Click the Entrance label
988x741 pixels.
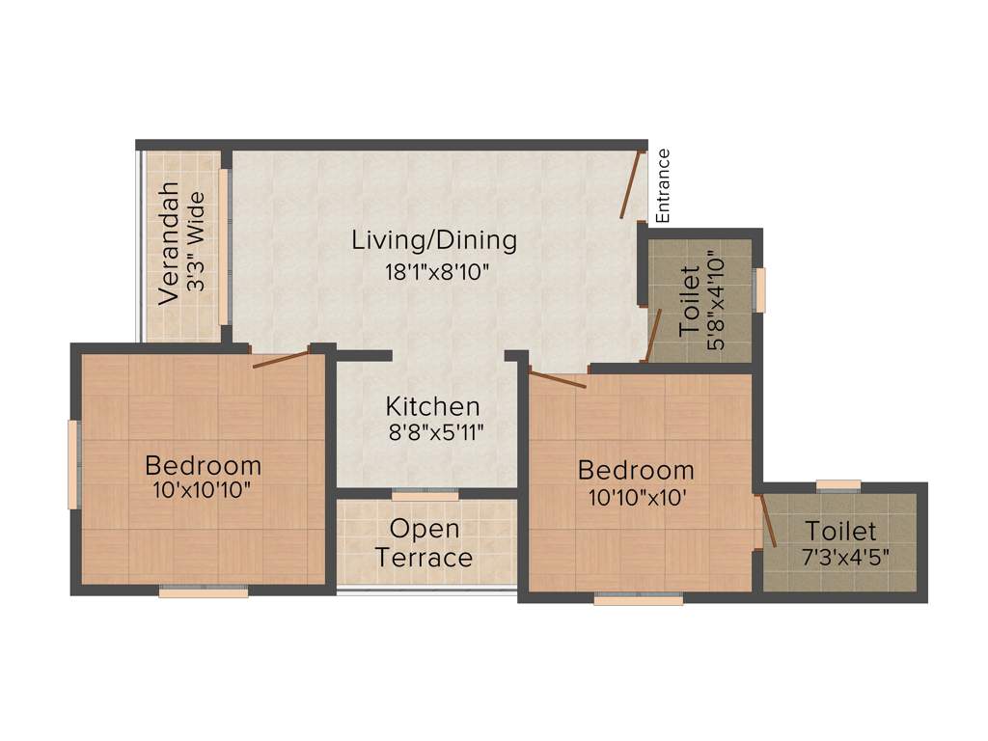pyautogui.click(x=663, y=185)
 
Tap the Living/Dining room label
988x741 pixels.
pyautogui.click(x=434, y=239)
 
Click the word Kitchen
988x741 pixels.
pyautogui.click(x=432, y=406)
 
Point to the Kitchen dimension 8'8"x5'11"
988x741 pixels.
pyautogui.click(x=435, y=433)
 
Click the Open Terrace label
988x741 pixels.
pyautogui.click(x=425, y=543)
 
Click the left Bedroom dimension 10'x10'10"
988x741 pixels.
pyautogui.click(x=202, y=490)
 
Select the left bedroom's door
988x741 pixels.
pyautogui.click(x=281, y=360)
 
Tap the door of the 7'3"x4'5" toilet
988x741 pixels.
pyautogui.click(x=768, y=521)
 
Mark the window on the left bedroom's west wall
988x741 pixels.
pyautogui.click(x=72, y=464)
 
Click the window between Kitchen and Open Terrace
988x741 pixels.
pyautogui.click(x=425, y=494)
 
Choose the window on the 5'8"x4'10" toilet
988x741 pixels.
pyautogui.click(x=759, y=290)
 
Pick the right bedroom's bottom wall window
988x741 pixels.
pyautogui.click(x=638, y=598)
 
